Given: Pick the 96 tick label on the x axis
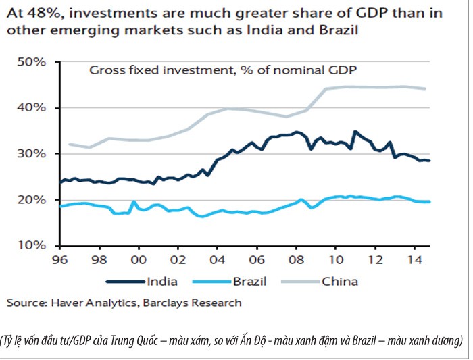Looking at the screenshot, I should click(60, 259).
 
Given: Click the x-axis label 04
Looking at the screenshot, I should click(217, 259).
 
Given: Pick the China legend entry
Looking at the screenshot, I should click(342, 281).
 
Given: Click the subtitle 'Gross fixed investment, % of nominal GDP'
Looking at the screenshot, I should click(223, 70).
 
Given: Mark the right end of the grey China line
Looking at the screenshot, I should click(425, 88).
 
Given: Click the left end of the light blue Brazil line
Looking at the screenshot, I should click(61, 206).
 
